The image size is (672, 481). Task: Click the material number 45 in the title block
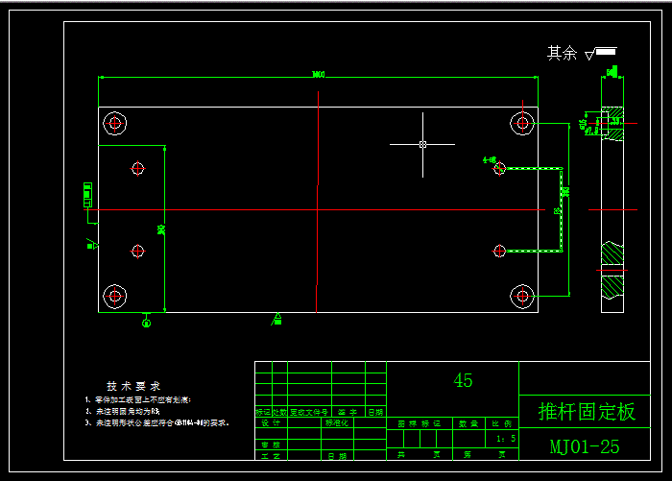463,380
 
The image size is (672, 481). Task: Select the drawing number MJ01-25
585,446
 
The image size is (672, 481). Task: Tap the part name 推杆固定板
587,412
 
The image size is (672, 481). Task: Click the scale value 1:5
505,439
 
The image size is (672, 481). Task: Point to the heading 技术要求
133,385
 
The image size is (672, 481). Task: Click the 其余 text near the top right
562,54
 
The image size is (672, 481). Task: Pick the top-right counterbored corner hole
522,123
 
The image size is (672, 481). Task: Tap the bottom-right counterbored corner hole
522,295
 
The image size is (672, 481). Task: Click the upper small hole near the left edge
138,168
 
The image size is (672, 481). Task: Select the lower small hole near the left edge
138,251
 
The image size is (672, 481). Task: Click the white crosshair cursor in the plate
422,144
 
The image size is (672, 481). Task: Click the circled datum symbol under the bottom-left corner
146,323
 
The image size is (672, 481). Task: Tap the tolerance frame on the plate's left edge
87,195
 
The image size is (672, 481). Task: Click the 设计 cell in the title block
271,422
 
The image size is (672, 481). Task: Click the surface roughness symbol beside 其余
602,54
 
